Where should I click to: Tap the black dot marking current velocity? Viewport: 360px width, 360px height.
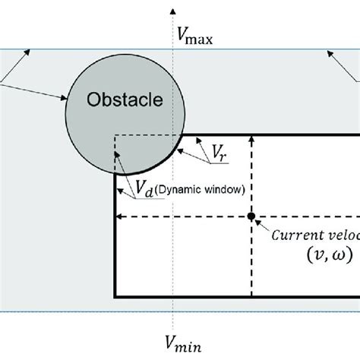(x=251, y=216)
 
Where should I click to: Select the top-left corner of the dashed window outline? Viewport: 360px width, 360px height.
(x=115, y=136)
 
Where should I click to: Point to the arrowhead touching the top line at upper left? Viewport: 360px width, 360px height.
(x=31, y=52)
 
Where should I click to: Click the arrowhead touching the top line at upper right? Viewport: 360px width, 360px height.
(x=328, y=52)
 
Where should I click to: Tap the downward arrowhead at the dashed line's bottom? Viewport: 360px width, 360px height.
(x=251, y=292)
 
